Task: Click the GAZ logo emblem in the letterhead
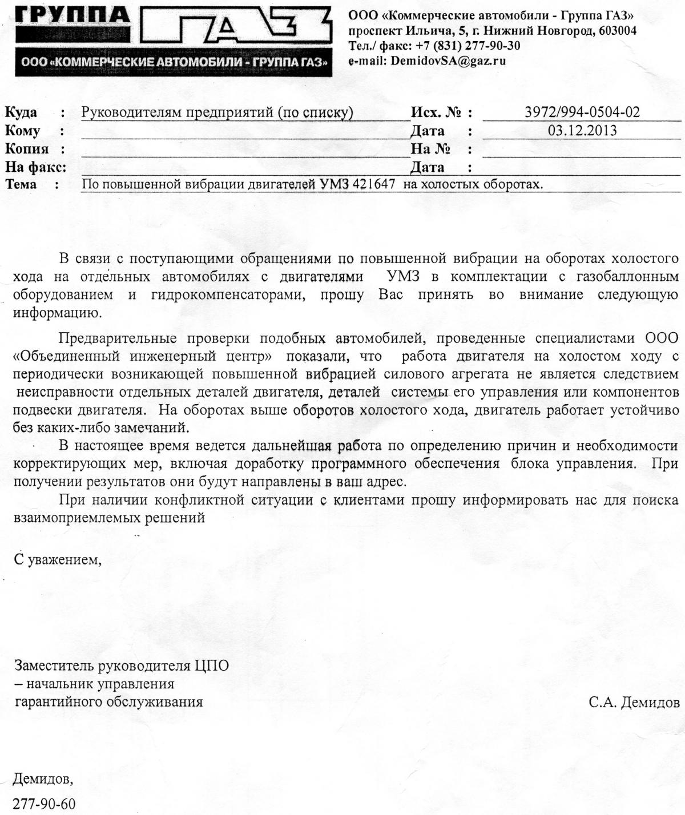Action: pos(235,29)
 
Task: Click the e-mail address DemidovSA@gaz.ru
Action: pos(448,61)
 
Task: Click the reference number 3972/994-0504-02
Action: pos(582,112)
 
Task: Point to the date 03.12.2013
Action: pos(582,130)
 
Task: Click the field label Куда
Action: pos(21,112)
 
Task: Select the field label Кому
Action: pos(23,131)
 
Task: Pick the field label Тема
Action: pos(21,184)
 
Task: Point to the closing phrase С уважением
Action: pos(57,559)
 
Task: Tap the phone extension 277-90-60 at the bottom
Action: pos(44,804)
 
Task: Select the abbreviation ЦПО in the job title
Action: pos(211,665)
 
